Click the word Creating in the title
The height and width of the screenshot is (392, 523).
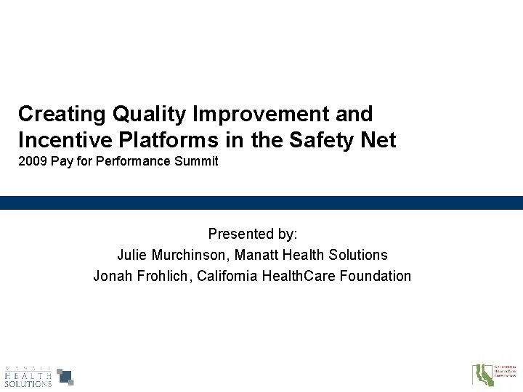pyautogui.click(x=58, y=114)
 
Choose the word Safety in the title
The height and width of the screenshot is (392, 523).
pyautogui.click(x=315, y=139)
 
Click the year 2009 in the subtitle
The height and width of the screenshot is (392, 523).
pyautogui.click(x=32, y=162)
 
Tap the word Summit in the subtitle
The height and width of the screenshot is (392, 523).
pyautogui.click(x=198, y=162)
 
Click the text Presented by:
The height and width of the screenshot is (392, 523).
pyautogui.click(x=253, y=234)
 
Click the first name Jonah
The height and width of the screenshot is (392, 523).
pyautogui.click(x=111, y=276)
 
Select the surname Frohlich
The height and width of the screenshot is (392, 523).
pyautogui.click(x=161, y=276)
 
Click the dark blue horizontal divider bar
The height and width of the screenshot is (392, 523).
pyautogui.click(x=261, y=203)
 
